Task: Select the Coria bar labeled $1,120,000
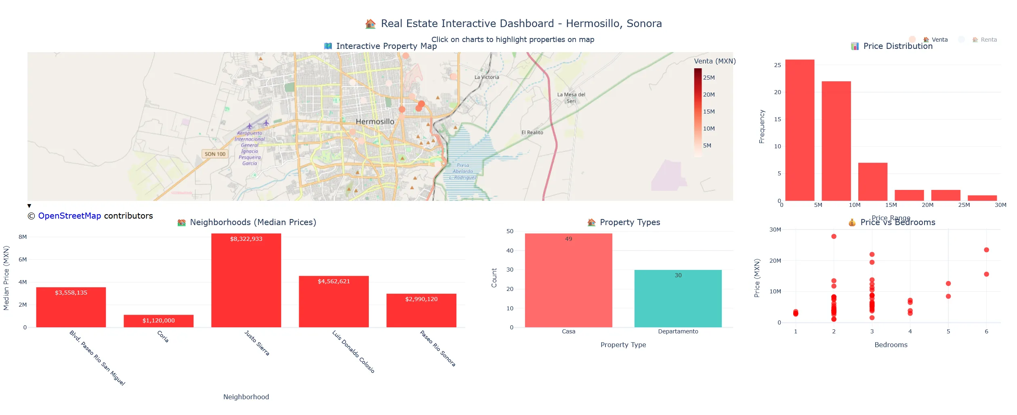[158, 321]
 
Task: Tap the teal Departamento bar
[678, 299]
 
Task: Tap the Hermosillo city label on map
[375, 122]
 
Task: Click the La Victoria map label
[487, 77]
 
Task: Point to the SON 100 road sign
[215, 154]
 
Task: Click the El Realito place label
[532, 133]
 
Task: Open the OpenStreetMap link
[69, 216]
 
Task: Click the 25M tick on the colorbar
[709, 78]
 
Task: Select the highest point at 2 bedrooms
[834, 236]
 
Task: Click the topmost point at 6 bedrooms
[986, 250]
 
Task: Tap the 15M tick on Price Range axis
[891, 205]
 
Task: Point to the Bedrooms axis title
[891, 345]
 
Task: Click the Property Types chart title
[629, 222]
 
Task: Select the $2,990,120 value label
[421, 299]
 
